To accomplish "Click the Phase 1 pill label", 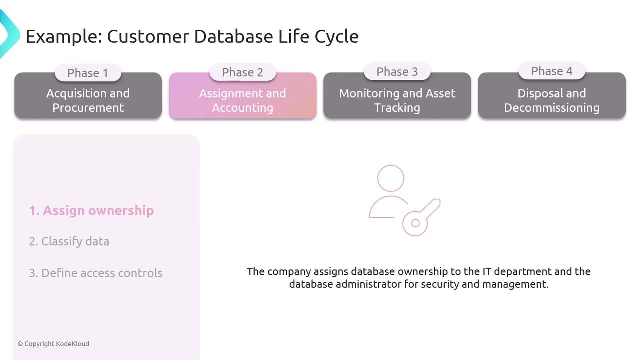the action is pyautogui.click(x=88, y=73).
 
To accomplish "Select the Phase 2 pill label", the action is pyautogui.click(x=243, y=72).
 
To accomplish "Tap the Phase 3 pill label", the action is pyautogui.click(x=397, y=71).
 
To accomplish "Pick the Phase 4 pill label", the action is pyautogui.click(x=552, y=71).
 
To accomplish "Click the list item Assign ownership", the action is pyautogui.click(x=91, y=211).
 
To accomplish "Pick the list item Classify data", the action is pyautogui.click(x=69, y=241).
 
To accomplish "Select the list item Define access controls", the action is pyautogui.click(x=96, y=273).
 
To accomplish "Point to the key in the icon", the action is pyautogui.click(x=421, y=217).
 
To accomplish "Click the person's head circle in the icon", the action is pyautogui.click(x=391, y=178).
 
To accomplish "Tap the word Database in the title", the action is pyautogui.click(x=233, y=36).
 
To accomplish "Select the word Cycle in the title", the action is pyautogui.click(x=337, y=37).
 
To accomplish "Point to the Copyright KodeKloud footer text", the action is pyautogui.click(x=53, y=344).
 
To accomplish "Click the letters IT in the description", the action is pyautogui.click(x=487, y=271).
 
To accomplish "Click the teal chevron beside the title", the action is pyautogui.click(x=9, y=34).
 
